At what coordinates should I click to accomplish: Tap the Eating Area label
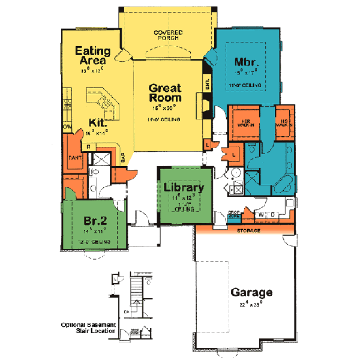(x=91, y=55)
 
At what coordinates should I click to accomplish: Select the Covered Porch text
(x=167, y=35)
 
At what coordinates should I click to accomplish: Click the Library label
(x=184, y=187)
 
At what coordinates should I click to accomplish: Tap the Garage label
(x=252, y=293)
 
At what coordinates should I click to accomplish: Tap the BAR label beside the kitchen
(x=123, y=158)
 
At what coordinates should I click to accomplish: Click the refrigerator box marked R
(x=88, y=146)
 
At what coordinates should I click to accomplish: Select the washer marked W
(x=261, y=214)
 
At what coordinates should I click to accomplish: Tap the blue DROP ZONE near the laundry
(x=234, y=215)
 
